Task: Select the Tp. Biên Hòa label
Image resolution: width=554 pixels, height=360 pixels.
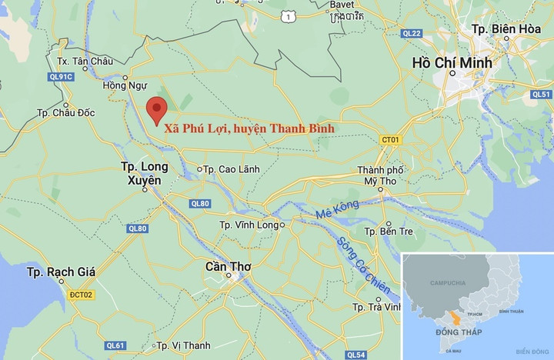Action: [504, 29]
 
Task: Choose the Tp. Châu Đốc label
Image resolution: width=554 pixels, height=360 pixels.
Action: [66, 113]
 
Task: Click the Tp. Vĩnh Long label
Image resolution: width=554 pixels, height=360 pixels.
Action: [250, 225]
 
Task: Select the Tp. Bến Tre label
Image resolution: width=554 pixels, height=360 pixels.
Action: [389, 231]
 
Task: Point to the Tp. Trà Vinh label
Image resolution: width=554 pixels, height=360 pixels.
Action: [377, 307]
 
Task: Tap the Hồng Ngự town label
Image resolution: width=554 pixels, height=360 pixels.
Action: [124, 85]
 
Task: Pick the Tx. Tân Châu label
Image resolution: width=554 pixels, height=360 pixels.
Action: [85, 61]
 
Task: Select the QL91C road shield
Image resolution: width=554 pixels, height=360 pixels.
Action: [61, 76]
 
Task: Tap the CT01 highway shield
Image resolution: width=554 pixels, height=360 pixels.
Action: [391, 139]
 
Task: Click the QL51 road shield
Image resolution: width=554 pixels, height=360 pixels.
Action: [541, 94]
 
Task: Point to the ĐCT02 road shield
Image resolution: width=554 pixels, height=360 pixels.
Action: [80, 295]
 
